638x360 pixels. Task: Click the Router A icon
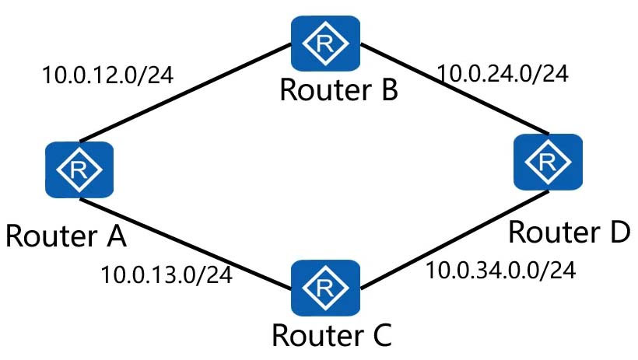tap(79, 170)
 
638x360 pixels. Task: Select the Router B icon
tap(325, 43)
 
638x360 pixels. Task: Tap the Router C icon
tap(325, 288)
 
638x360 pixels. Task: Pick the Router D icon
tap(548, 162)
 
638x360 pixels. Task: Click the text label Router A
tap(66, 236)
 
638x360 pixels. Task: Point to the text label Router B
tap(339, 90)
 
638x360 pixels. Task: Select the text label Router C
tap(331, 335)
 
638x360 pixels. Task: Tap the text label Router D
tap(570, 232)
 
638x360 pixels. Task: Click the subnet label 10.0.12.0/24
tap(108, 75)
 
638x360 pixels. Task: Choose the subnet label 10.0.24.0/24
tap(503, 74)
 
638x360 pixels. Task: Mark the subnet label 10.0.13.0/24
tap(167, 274)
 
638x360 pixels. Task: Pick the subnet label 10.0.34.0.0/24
tap(501, 270)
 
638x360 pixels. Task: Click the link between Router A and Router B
tap(185, 93)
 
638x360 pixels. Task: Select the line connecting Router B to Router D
tap(454, 89)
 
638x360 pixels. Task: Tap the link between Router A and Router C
tap(185, 244)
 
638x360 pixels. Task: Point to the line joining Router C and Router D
tap(454, 239)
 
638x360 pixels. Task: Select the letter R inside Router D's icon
tap(547, 163)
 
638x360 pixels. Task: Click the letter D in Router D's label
tap(619, 232)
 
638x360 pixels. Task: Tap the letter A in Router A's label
tap(117, 236)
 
